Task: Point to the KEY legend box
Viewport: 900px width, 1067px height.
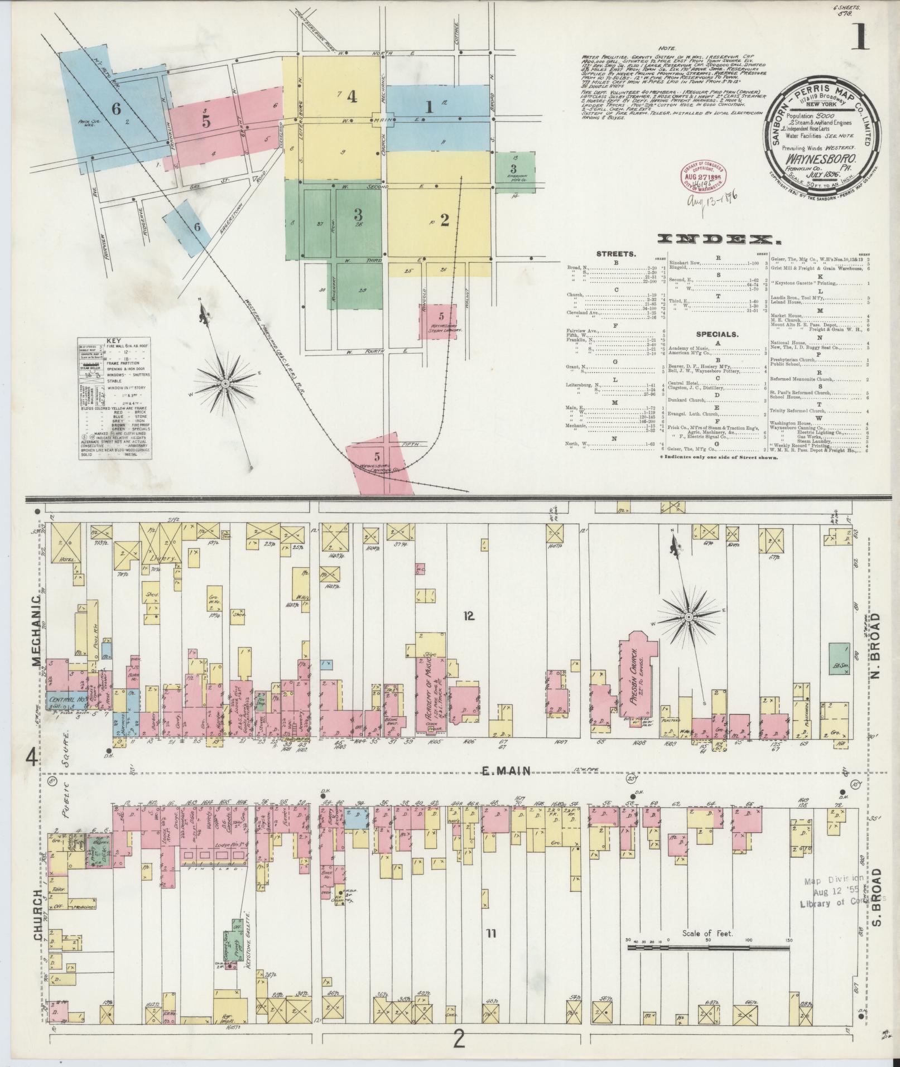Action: click(x=115, y=398)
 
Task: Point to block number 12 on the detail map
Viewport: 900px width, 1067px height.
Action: click(x=468, y=616)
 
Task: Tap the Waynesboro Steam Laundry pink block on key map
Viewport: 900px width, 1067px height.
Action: click(x=438, y=321)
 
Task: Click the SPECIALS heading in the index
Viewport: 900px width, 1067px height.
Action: click(x=716, y=335)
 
